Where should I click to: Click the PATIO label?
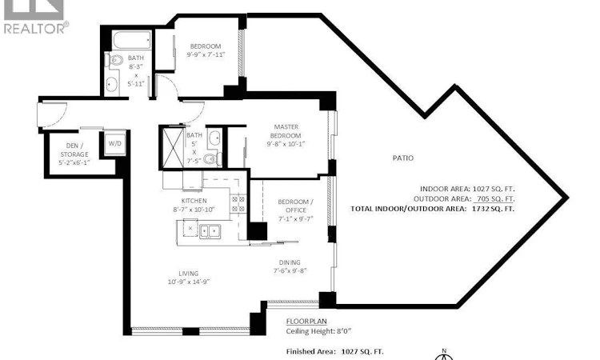click(x=403, y=158)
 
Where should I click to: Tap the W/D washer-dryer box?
click(x=114, y=143)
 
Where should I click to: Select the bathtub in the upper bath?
click(x=132, y=40)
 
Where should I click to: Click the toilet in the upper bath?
click(x=114, y=61)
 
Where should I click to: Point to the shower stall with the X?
click(x=173, y=148)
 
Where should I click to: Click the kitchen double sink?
click(x=210, y=231)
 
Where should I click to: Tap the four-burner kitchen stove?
click(x=238, y=203)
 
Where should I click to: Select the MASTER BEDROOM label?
click(x=286, y=131)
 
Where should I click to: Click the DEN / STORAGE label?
click(x=74, y=150)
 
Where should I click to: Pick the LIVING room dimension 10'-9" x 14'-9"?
click(x=189, y=282)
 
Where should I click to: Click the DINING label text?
click(x=290, y=262)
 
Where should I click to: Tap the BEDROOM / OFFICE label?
click(x=296, y=206)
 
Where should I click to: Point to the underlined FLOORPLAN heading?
click(x=306, y=322)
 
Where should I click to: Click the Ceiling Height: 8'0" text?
click(x=318, y=331)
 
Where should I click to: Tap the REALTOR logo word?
click(x=34, y=28)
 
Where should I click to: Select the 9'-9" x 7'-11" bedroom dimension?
click(x=206, y=54)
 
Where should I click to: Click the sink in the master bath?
click(x=214, y=138)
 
